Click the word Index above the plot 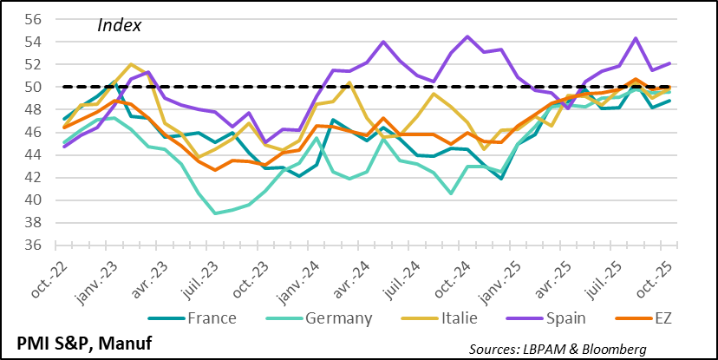click(x=119, y=25)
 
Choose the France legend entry click(x=212, y=317)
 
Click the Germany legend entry click(x=338, y=317)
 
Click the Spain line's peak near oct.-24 click(x=468, y=36)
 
